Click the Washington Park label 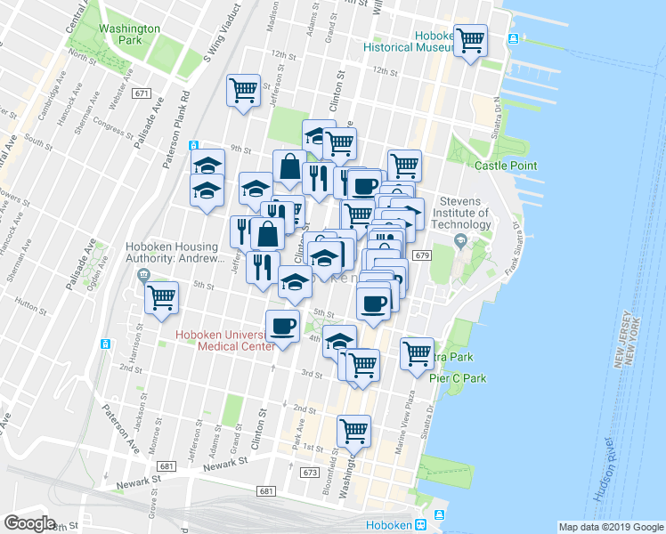click(x=129, y=34)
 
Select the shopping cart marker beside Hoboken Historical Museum click(x=470, y=41)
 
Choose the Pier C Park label click(x=458, y=378)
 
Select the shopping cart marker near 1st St click(x=354, y=432)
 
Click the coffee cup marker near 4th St click(x=283, y=326)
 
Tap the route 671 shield click(x=141, y=93)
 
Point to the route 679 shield click(x=422, y=255)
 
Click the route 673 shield click(x=308, y=472)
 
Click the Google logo click(x=29, y=523)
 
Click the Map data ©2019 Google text click(x=611, y=527)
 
